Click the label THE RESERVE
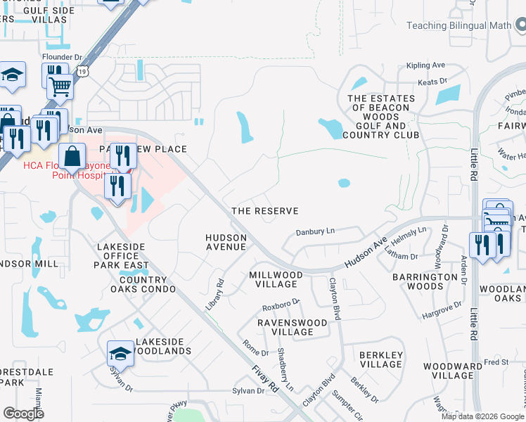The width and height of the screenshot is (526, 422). tap(265, 211)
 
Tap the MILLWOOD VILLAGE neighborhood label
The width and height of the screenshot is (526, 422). tap(276, 279)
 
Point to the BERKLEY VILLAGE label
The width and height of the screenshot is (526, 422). tap(380, 360)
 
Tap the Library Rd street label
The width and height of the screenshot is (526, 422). tap(219, 291)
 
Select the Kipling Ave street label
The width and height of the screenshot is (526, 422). tap(426, 65)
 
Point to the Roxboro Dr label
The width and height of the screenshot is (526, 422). tap(281, 305)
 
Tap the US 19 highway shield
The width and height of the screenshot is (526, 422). tap(83, 72)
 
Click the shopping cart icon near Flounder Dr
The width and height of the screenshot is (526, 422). tap(60, 87)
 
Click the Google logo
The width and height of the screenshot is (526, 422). tap(24, 413)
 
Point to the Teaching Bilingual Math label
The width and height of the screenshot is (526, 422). tap(466, 26)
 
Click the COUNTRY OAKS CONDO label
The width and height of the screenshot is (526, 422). tap(128, 285)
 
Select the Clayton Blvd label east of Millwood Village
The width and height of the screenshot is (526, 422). tap(335, 299)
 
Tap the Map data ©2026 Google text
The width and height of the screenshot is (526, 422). tap(482, 416)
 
